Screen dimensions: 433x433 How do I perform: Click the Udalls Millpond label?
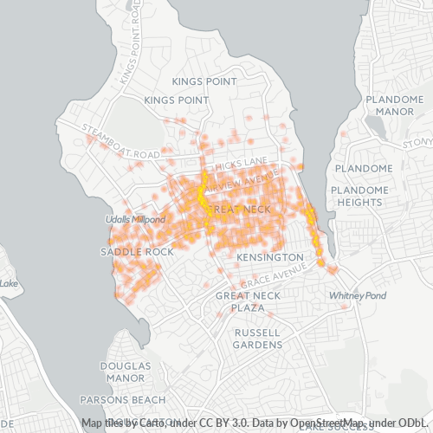point(136,220)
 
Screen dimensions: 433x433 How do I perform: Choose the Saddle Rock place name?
point(137,251)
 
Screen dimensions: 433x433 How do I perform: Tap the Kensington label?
point(270,258)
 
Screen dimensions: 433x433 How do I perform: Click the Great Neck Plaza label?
point(246,301)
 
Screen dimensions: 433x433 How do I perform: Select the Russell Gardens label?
point(257,338)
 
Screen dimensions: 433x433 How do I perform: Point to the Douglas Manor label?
point(126,372)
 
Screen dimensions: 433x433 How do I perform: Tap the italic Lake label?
point(9,283)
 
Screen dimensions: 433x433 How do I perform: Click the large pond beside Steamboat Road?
point(132,121)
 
